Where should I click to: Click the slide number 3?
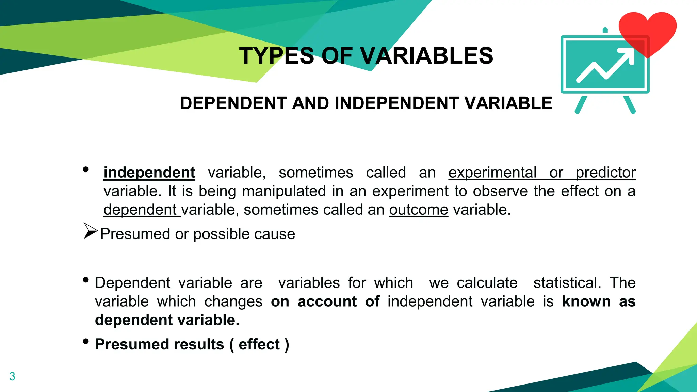(12, 376)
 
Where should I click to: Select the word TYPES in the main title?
(276, 56)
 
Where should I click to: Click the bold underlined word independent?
(149, 173)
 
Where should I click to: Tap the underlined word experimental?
(492, 173)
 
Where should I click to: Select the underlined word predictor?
(605, 173)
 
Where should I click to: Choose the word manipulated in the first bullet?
(284, 191)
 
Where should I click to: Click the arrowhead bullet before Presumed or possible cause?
(90, 231)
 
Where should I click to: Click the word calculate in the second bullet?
(487, 283)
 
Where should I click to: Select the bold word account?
(327, 301)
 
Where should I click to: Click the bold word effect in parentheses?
(259, 344)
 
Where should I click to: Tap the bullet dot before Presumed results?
(86, 341)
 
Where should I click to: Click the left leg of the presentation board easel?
(581, 105)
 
